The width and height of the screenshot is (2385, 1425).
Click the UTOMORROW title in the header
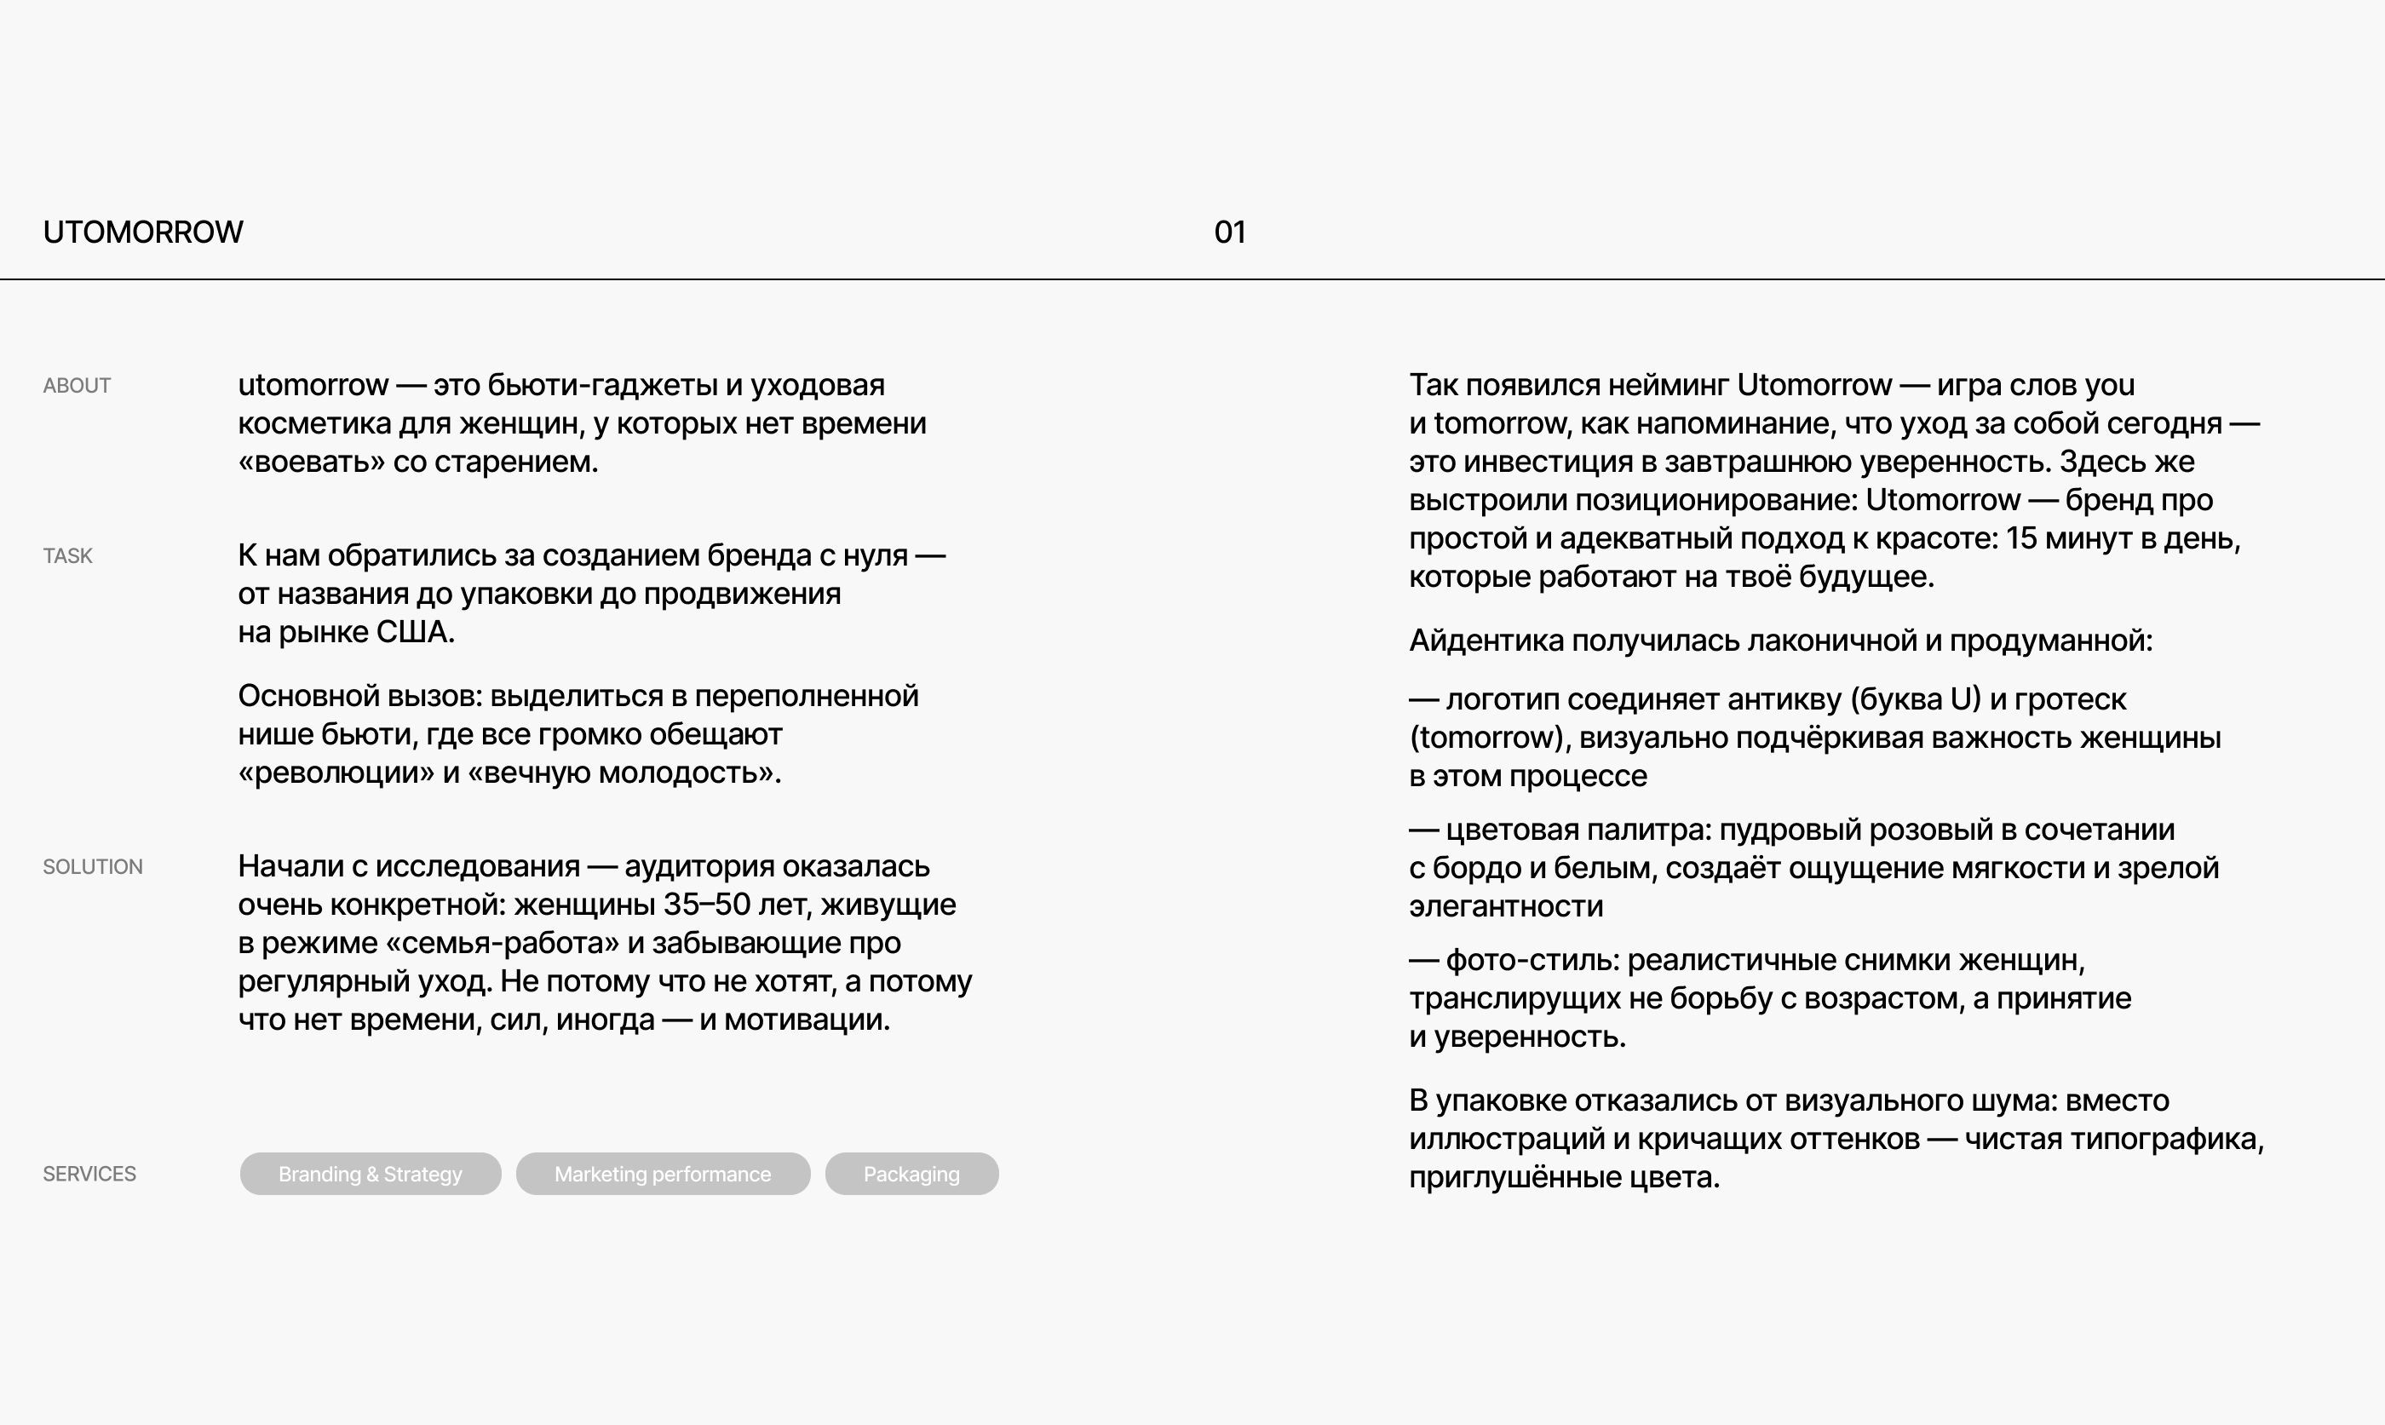coord(143,233)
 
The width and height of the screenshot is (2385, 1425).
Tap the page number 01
coord(1229,233)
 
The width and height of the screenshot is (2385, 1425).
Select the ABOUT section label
coord(77,386)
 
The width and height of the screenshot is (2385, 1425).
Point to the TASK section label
coord(67,556)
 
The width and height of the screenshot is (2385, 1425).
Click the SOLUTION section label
coord(92,867)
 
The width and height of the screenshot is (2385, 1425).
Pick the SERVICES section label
coord(89,1175)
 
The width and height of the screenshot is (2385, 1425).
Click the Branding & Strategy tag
coord(370,1175)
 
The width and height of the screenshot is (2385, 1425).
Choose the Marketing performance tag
coord(663,1175)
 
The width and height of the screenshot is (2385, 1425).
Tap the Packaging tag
coord(911,1175)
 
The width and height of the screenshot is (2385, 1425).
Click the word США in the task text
coord(414,633)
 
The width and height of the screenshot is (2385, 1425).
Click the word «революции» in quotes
coord(336,773)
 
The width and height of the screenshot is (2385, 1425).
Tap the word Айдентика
coord(1486,641)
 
